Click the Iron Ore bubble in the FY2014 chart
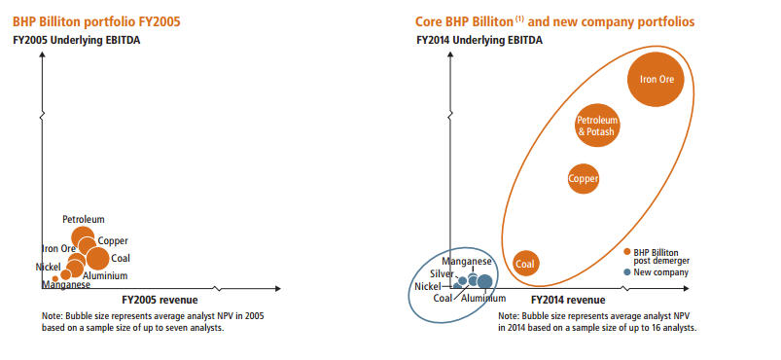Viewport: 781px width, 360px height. tap(654, 79)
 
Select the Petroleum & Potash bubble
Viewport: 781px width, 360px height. tap(597, 126)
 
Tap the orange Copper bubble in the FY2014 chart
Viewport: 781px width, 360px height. tap(583, 178)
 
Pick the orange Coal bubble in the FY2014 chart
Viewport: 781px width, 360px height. tap(525, 264)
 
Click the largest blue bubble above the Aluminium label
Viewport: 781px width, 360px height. tap(484, 282)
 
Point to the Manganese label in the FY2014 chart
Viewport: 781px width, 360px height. tap(467, 262)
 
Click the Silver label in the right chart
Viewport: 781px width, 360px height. tap(442, 273)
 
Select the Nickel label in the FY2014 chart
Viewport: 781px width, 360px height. tap(427, 286)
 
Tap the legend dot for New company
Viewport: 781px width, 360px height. tap(627, 272)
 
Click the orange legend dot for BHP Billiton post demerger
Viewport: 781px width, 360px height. tap(627, 251)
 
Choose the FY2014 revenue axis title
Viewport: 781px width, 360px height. tap(568, 300)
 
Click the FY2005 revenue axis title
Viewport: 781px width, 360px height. tap(160, 300)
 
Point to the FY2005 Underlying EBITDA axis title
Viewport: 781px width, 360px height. tap(76, 41)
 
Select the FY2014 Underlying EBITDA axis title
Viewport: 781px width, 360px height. tap(479, 41)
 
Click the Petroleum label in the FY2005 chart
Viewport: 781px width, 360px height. tap(84, 219)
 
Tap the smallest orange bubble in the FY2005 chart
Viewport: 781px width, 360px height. tap(55, 278)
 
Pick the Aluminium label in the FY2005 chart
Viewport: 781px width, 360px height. tap(105, 275)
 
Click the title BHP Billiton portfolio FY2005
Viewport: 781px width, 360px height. tap(96, 22)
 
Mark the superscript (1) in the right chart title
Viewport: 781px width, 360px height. tap(520, 19)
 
